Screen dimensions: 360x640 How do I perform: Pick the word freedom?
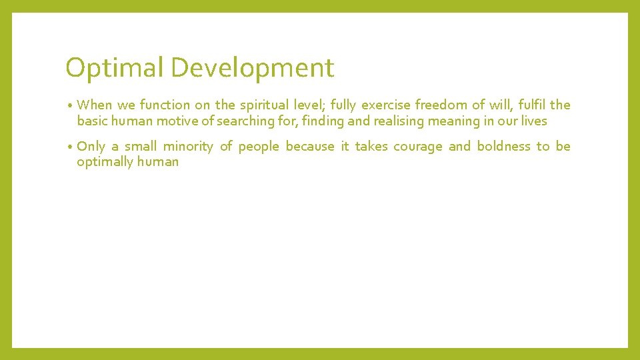coord(441,105)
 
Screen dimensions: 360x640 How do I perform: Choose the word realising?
coord(380,121)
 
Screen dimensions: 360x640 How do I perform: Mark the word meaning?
coord(440,121)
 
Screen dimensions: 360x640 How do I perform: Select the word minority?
coord(189,146)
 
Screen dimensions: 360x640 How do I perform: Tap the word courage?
coord(417,146)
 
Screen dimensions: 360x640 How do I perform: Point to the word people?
coord(259,146)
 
